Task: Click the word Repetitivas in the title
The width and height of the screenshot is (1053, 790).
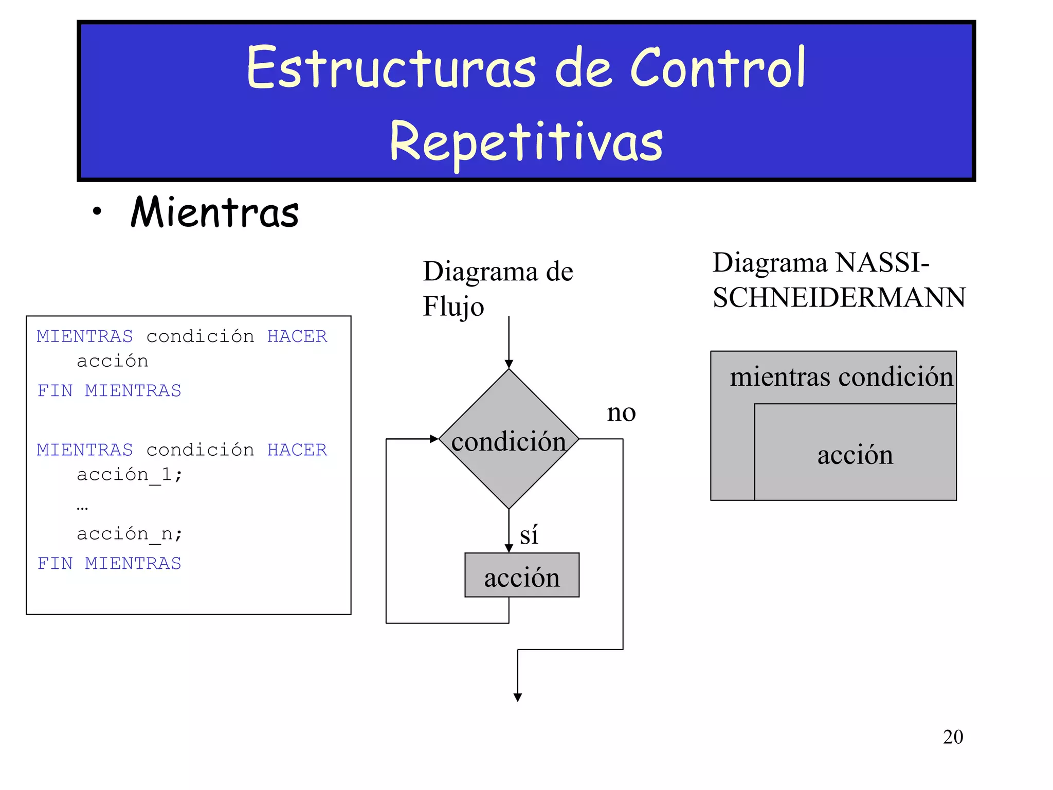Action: point(526,141)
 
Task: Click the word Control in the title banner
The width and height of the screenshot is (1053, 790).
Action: point(717,68)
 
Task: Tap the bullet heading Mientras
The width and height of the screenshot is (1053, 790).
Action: point(214,212)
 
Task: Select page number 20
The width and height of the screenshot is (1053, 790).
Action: point(953,737)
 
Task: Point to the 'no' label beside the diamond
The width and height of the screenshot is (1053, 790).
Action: point(621,412)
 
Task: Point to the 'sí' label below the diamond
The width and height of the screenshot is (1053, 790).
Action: point(529,535)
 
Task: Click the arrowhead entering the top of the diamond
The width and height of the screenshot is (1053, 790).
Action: point(509,364)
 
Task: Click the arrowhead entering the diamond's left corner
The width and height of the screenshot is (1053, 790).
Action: point(434,439)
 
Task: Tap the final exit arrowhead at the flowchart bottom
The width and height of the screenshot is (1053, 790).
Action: point(518,697)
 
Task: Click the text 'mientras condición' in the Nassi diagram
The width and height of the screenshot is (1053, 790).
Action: point(841,377)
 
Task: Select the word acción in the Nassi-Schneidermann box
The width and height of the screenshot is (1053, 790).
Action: point(855,455)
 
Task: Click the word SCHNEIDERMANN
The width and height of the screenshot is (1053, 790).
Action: point(839,297)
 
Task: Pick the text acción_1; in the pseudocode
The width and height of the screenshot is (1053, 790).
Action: point(130,474)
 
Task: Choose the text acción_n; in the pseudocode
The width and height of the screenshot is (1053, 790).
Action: point(130,534)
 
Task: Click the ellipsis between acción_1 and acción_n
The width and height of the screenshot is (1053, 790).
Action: point(82,507)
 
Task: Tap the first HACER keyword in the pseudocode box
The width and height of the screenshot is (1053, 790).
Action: point(297,336)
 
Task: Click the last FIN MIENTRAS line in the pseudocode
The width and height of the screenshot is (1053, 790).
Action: point(109,563)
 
